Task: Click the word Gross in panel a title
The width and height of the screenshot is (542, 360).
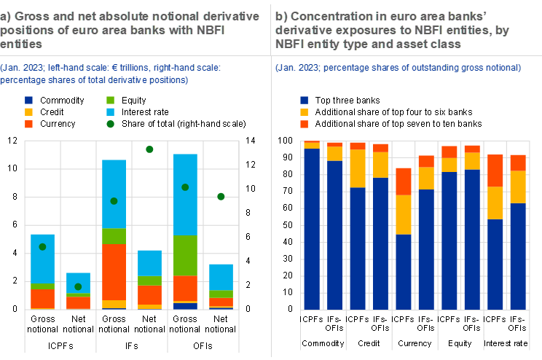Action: [31, 16]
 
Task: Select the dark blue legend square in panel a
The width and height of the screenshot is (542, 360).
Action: [28, 100]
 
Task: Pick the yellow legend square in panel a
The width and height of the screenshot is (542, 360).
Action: [28, 112]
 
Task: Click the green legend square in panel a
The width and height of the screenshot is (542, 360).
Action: [110, 100]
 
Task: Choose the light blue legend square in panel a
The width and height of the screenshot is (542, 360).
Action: [110, 112]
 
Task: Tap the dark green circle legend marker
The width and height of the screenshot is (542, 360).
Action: [110, 124]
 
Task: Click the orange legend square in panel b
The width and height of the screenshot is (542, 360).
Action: [304, 125]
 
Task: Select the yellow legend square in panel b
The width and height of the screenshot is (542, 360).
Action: [304, 112]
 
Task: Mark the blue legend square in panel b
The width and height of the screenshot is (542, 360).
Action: [304, 100]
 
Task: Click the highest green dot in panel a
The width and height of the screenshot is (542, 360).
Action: [149, 149]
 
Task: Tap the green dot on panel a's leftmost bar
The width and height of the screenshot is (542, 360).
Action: [42, 247]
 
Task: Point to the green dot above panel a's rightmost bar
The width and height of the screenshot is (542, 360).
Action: [221, 196]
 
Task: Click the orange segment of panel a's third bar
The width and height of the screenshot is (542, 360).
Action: [114, 272]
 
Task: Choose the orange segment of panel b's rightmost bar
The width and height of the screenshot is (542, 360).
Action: [518, 163]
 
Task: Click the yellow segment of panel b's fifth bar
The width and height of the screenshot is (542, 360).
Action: [404, 214]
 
